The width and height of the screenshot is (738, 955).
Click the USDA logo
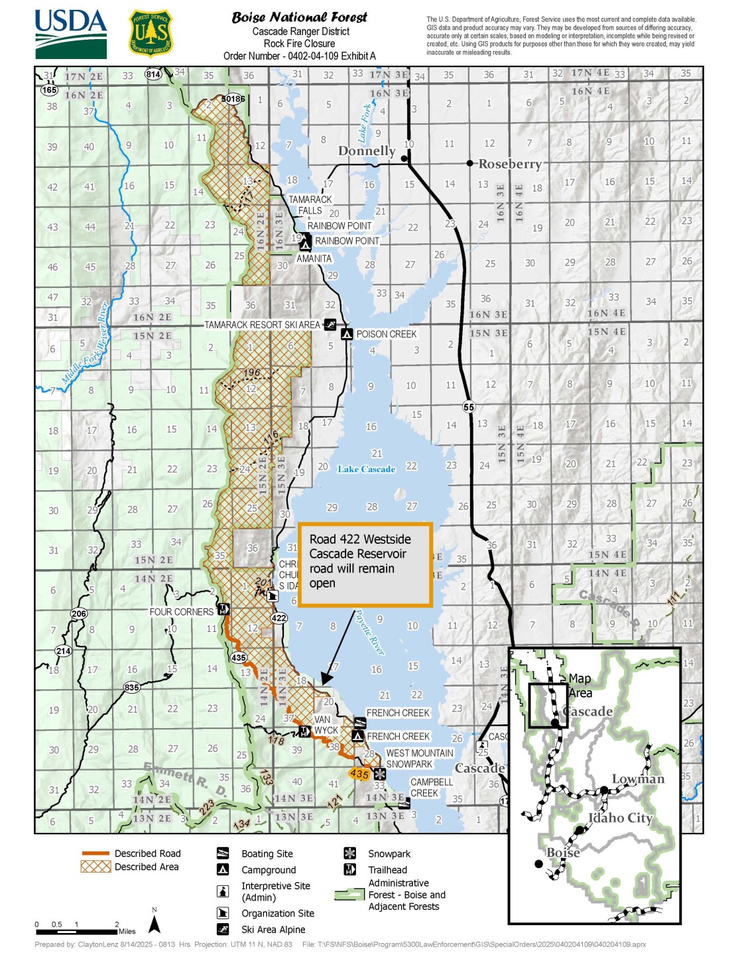click(x=70, y=34)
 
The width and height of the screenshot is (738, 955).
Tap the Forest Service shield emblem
click(x=151, y=34)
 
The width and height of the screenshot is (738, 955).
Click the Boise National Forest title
click(x=299, y=18)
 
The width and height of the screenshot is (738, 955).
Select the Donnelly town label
click(x=366, y=151)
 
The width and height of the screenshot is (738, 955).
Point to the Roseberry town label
click(x=509, y=164)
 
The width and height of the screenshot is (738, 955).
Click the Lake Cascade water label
click(x=366, y=470)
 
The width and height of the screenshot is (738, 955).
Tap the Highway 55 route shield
click(x=469, y=407)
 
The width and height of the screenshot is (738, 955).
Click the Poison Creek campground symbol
click(x=347, y=334)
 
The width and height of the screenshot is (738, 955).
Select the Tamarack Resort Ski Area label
click(x=262, y=325)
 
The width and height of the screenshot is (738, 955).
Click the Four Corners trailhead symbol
click(x=223, y=609)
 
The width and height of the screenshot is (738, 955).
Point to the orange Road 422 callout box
click(x=365, y=564)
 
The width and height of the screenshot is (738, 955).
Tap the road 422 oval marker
click(x=278, y=618)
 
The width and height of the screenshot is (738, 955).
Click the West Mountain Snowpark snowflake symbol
click(x=379, y=774)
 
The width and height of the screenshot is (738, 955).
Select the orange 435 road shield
click(x=359, y=774)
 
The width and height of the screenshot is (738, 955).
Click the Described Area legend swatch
click(x=95, y=867)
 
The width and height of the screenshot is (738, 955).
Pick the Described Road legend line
click(x=95, y=854)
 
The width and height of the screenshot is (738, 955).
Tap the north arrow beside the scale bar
click(x=154, y=924)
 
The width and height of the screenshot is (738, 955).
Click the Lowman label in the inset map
click(x=637, y=779)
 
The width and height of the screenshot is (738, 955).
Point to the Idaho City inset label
click(x=621, y=818)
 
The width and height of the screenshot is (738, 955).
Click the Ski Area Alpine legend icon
click(x=223, y=929)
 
